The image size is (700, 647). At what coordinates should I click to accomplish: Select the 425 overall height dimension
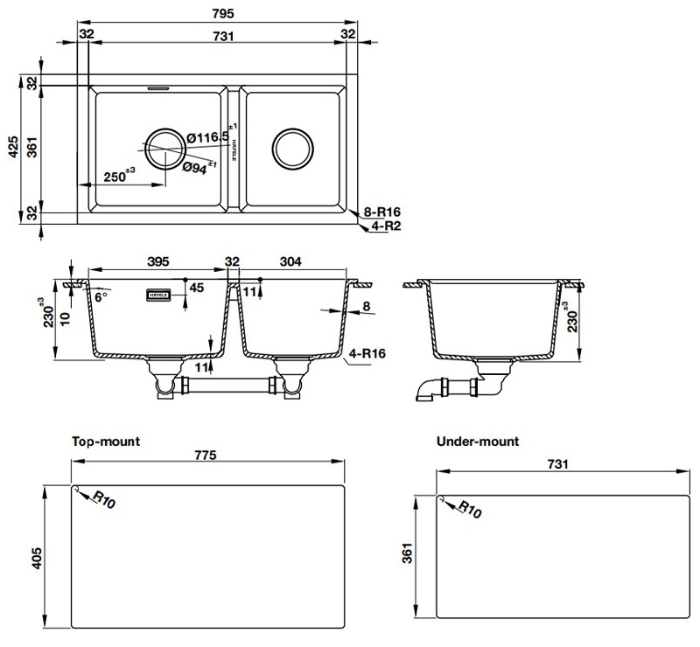click(12, 150)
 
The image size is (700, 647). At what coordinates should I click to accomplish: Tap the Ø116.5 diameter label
click(207, 137)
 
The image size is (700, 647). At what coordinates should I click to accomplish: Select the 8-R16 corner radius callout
click(382, 212)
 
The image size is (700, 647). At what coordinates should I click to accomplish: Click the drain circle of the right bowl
click(291, 150)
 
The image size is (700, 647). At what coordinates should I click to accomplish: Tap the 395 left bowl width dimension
click(157, 261)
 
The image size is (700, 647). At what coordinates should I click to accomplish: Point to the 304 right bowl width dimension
click(291, 261)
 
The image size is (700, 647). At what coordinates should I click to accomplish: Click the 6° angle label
click(100, 297)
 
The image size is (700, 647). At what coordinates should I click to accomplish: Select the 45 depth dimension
click(196, 288)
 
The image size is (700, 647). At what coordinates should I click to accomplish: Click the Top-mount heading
click(105, 442)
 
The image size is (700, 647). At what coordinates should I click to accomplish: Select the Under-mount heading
click(477, 442)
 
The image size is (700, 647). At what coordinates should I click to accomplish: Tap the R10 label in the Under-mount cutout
click(470, 511)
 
